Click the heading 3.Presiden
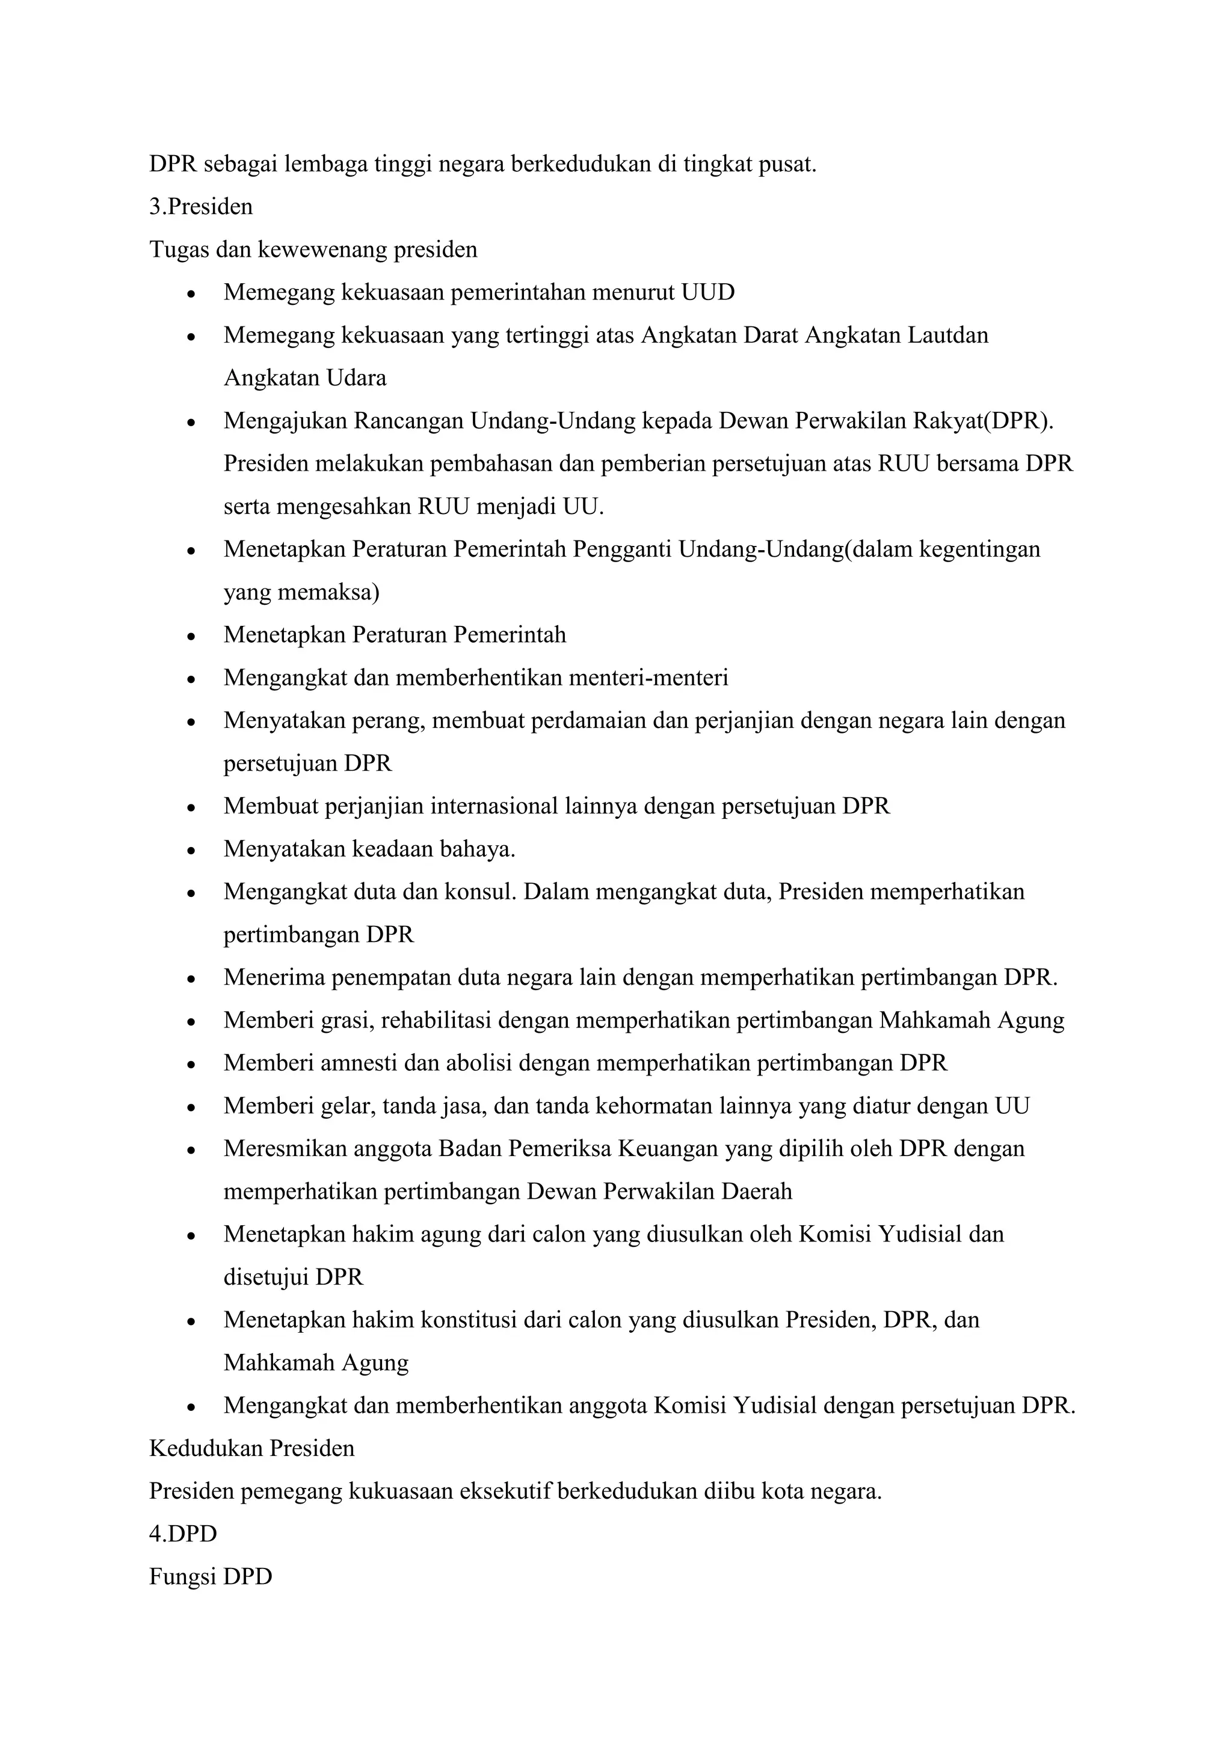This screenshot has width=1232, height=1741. click(x=201, y=207)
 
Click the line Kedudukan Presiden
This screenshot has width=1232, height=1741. click(x=252, y=1448)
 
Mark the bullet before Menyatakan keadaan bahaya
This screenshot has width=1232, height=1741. click(x=192, y=850)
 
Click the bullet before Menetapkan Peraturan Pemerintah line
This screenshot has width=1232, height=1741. click(x=192, y=635)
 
